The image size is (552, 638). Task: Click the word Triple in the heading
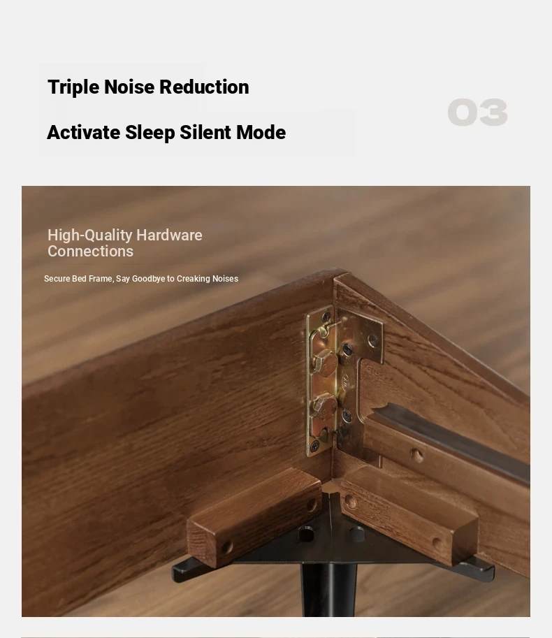[x=73, y=87]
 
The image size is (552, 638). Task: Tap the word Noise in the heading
[x=129, y=87]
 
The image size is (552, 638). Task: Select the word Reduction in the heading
[x=204, y=87]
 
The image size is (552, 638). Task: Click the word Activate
[x=83, y=132]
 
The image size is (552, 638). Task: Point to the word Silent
[x=205, y=132]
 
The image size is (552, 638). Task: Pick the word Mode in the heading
[x=261, y=132]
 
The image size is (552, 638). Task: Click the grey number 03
[x=477, y=113]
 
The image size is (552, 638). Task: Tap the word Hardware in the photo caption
[x=169, y=235]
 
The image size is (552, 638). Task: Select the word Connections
[x=90, y=252]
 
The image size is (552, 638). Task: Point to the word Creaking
[x=194, y=279]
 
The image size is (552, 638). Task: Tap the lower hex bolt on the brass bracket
[x=324, y=407]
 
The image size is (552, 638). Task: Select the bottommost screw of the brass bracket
[x=315, y=447]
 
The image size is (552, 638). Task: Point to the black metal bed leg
[x=328, y=590]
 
